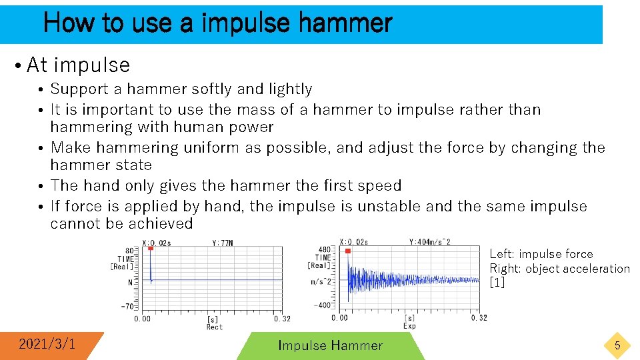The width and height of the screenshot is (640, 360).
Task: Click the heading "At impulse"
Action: tap(78, 65)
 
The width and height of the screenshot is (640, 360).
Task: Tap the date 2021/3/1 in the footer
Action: tap(47, 344)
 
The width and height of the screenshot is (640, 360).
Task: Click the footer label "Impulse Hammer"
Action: tap(330, 345)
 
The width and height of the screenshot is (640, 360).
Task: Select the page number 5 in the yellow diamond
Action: tap(617, 345)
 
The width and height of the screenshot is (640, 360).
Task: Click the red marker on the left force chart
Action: tap(151, 249)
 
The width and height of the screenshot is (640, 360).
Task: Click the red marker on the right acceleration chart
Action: tap(348, 251)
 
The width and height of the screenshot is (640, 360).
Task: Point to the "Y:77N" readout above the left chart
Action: tap(223, 243)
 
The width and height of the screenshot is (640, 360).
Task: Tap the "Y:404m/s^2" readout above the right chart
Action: tap(430, 241)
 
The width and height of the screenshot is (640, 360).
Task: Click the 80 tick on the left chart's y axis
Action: tap(131, 250)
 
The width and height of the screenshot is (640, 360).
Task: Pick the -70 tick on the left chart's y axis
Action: tap(128, 307)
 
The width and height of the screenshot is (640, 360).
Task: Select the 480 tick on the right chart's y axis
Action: tap(325, 250)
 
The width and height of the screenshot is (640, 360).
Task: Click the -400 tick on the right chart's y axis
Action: tap(322, 305)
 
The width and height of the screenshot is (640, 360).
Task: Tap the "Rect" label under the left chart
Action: tap(214, 327)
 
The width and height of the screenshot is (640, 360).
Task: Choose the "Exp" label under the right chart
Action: tap(409, 326)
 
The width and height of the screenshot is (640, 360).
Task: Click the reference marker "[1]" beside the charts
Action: tap(497, 282)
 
